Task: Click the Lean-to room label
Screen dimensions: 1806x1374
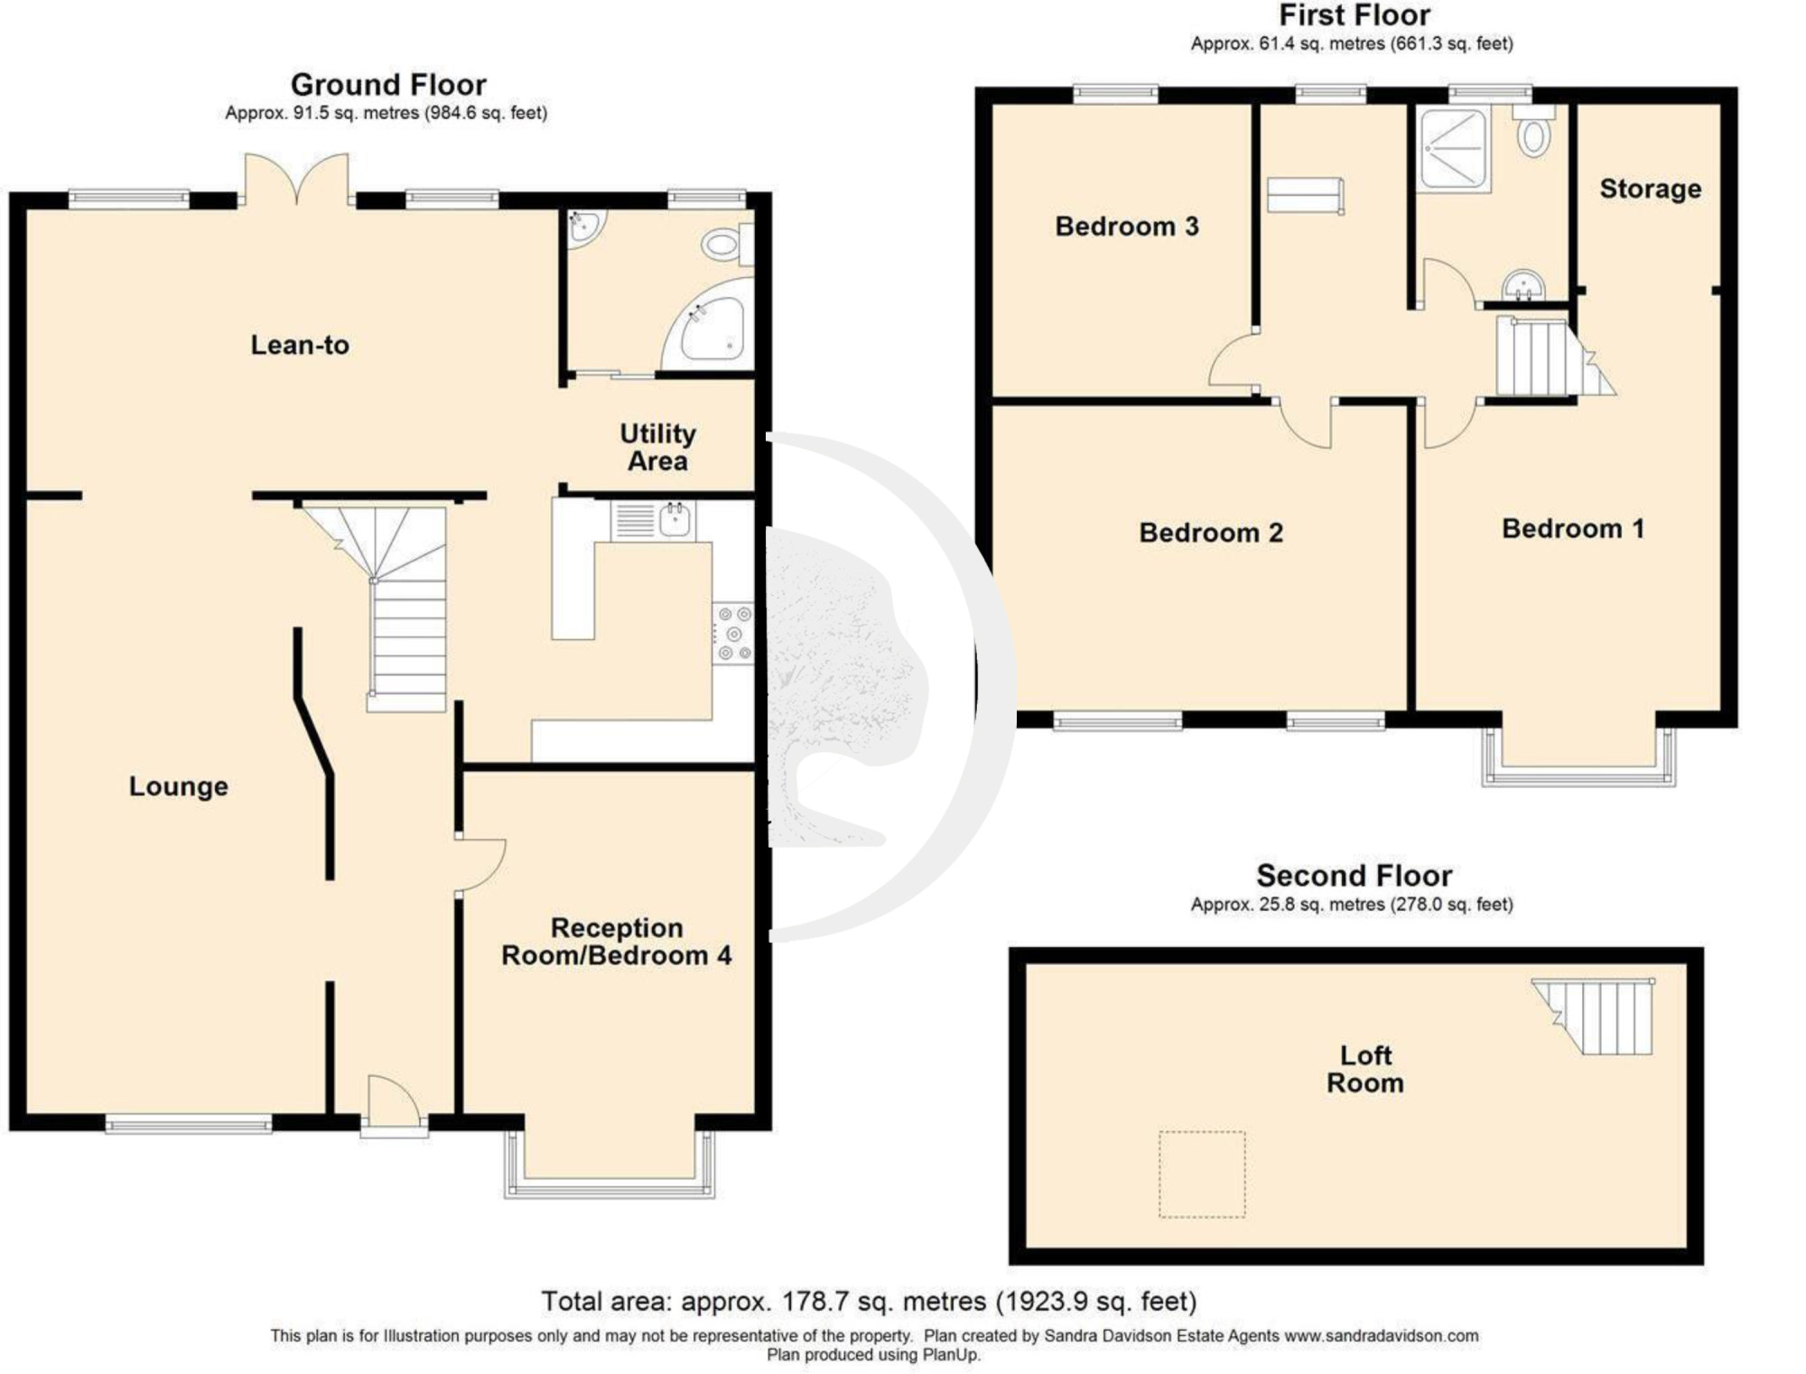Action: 300,345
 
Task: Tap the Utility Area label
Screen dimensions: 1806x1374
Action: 657,447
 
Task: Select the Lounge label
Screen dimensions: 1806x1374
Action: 179,786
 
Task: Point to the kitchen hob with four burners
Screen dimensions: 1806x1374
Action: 733,633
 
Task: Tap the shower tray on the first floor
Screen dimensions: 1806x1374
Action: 1453,150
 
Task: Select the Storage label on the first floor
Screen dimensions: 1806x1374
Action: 1651,189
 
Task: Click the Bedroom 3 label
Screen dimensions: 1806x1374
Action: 1127,227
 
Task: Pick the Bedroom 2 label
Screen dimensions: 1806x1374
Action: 1211,533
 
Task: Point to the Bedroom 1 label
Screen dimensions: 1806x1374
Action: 1573,529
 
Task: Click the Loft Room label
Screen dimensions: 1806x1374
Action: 1365,1069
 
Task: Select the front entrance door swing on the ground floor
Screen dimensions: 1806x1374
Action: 395,1101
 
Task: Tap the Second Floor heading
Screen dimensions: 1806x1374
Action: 1354,876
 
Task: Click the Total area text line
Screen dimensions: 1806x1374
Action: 869,1301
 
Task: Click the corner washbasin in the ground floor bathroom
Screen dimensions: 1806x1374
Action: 585,226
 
